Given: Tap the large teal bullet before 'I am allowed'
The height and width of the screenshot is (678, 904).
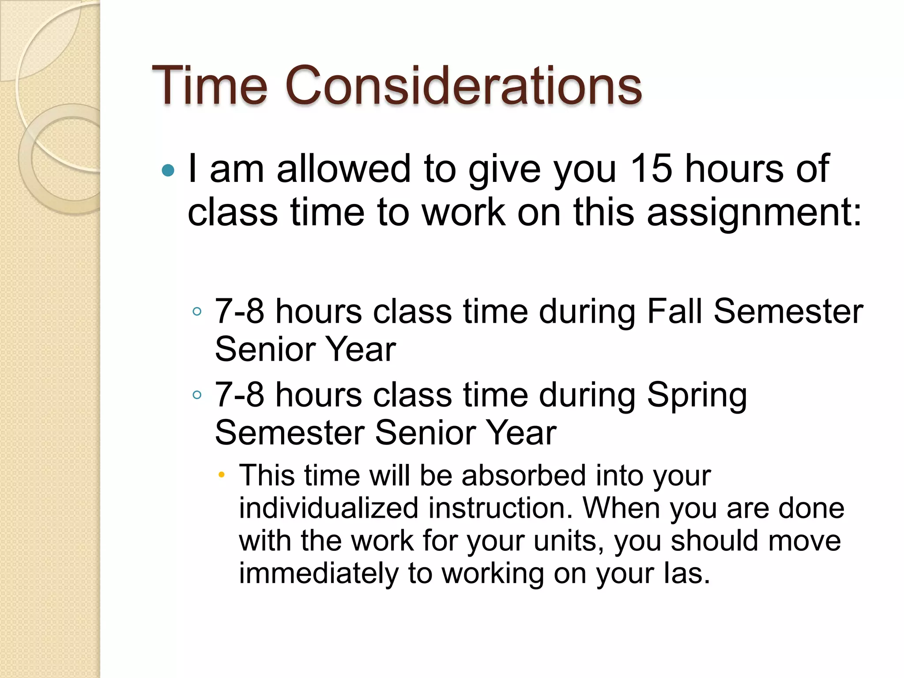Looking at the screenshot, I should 168,170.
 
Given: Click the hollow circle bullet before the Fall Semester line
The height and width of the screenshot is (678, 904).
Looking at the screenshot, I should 197,312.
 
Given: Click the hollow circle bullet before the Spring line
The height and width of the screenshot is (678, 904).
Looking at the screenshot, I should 197,395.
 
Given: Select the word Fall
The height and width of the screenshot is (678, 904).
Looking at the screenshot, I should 674,312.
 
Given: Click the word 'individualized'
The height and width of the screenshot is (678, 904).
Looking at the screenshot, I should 328,508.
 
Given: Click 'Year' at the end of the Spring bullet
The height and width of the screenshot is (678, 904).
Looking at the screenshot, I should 520,433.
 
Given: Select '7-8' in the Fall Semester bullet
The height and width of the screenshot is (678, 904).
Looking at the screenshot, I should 239,312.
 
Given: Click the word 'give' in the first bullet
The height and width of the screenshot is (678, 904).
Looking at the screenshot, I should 505,169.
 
